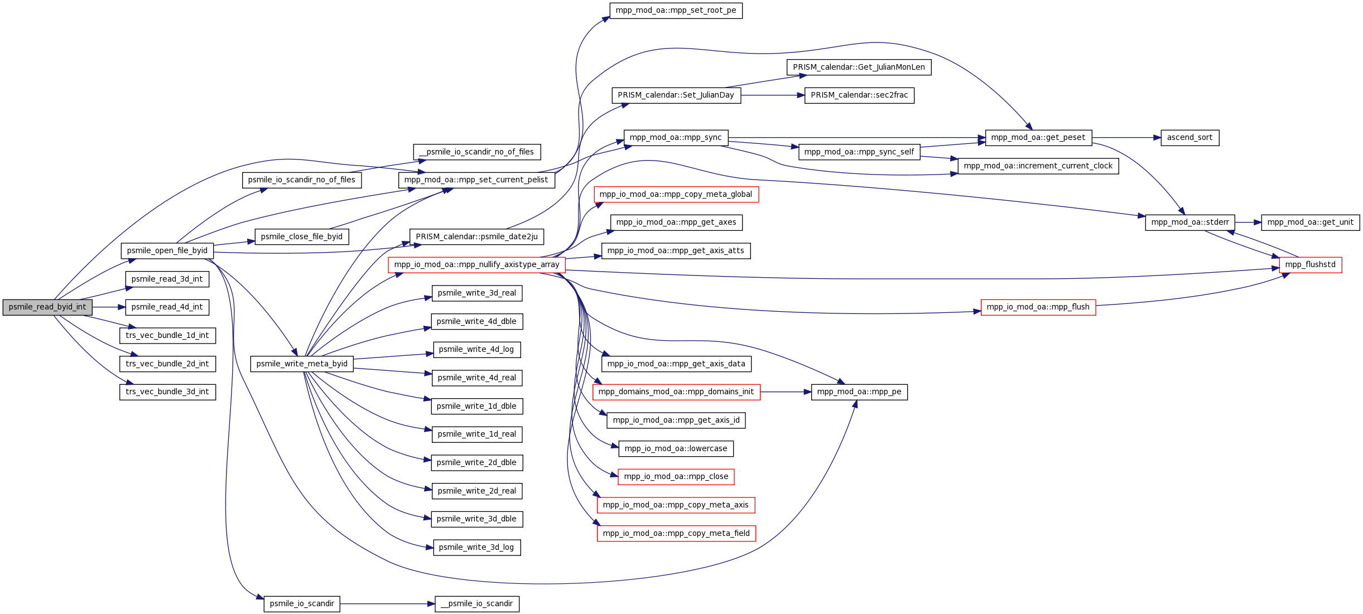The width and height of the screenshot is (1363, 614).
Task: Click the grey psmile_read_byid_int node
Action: (x=47, y=307)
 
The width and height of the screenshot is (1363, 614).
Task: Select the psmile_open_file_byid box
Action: (x=167, y=251)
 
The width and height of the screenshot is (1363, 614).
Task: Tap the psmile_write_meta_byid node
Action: (x=302, y=364)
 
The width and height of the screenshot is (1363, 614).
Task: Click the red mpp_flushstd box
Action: (x=1311, y=265)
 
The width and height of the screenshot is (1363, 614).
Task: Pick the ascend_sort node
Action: (x=1190, y=138)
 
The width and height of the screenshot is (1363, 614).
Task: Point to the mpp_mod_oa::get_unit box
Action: (x=1311, y=223)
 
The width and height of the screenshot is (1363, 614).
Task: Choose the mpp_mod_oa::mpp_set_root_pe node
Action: (x=676, y=11)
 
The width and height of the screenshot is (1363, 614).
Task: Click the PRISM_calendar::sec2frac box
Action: (x=859, y=95)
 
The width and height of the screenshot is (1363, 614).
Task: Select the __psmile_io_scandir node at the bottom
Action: (x=477, y=604)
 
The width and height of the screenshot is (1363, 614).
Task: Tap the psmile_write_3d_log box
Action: (x=477, y=548)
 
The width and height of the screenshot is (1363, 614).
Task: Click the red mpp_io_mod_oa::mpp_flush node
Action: (x=1038, y=307)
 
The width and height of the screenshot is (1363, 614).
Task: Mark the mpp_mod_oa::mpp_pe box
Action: (x=859, y=392)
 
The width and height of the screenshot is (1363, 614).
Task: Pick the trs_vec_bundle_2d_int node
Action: (x=167, y=364)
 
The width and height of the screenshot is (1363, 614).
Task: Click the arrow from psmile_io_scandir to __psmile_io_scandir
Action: (x=387, y=604)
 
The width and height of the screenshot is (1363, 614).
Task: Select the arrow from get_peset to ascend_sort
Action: (x=1126, y=138)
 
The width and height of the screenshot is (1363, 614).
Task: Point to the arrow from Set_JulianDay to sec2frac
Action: (x=773, y=95)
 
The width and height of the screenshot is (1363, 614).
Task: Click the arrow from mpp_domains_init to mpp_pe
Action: (x=786, y=392)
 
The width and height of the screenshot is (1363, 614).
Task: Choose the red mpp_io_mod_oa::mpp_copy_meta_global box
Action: (x=676, y=195)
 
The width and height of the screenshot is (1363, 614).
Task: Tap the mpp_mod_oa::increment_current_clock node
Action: (x=1038, y=166)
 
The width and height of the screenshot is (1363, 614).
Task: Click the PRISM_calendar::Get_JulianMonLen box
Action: (x=859, y=67)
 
